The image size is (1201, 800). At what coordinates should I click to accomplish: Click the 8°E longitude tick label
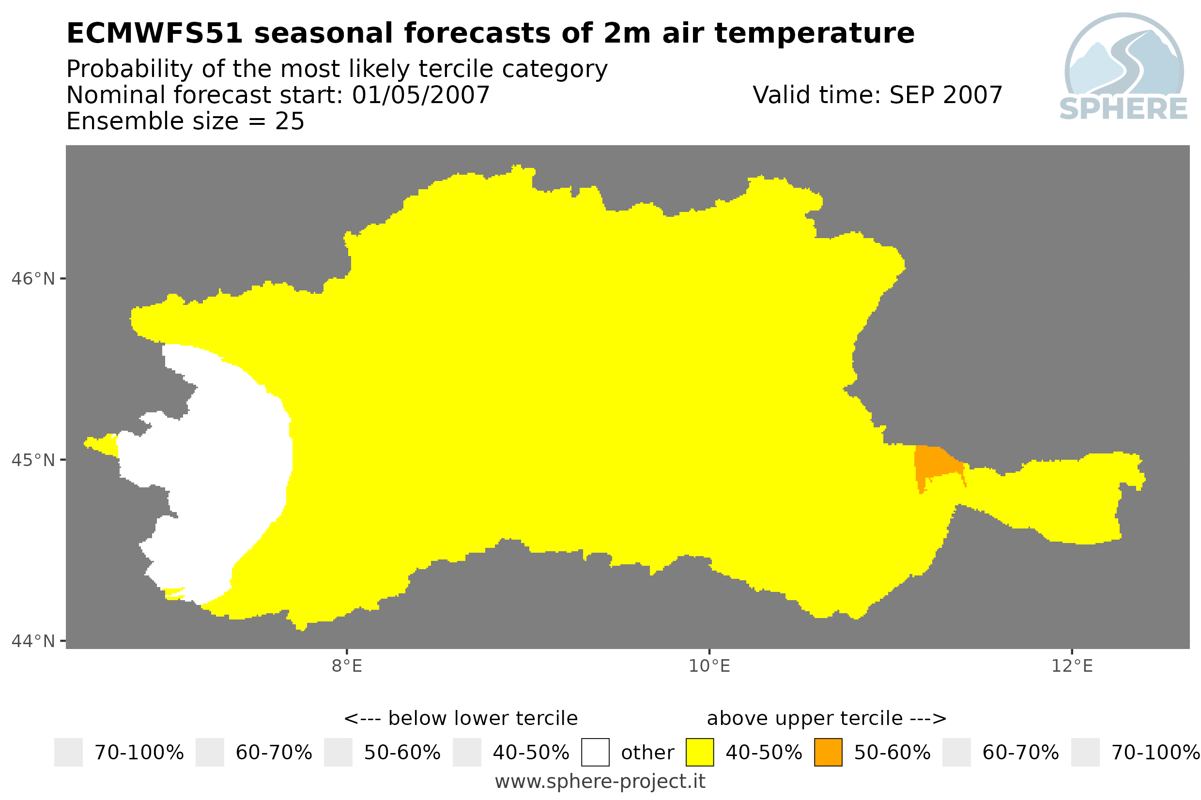tap(347, 666)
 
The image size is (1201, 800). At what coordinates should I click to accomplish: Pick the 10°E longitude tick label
tap(709, 666)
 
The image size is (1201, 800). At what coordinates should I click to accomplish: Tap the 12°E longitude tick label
tap(1072, 666)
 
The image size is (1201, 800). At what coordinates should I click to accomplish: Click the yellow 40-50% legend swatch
tap(699, 752)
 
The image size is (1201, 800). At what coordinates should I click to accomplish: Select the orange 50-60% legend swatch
tap(828, 752)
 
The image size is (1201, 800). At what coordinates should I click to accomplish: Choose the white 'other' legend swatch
tap(595, 752)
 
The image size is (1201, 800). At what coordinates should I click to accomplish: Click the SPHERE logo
tap(1124, 67)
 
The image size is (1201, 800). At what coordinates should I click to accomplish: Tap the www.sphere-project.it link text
tap(600, 781)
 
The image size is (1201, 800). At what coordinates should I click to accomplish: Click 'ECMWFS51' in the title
tap(154, 33)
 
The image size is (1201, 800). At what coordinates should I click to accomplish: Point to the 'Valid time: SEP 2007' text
tap(878, 95)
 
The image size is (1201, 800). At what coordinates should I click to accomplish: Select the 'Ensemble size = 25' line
tap(185, 121)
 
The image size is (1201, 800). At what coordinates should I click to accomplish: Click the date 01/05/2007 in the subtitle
tap(420, 95)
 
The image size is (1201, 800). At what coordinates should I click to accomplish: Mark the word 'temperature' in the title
tap(814, 34)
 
